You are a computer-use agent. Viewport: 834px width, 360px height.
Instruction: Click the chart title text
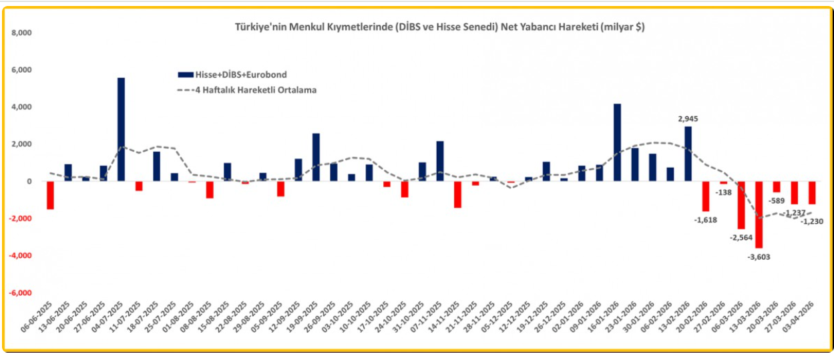[439, 27]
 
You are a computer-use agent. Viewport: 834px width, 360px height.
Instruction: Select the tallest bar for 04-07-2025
[121, 129]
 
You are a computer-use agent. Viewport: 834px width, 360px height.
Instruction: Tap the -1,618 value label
[706, 220]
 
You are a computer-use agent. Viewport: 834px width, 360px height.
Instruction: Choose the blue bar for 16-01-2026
[617, 142]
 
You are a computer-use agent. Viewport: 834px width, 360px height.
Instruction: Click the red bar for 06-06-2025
[50, 195]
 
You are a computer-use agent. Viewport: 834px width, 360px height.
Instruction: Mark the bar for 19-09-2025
[316, 157]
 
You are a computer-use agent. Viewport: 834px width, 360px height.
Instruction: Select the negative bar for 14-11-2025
[457, 194]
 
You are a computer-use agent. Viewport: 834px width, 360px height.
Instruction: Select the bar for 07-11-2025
[440, 161]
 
